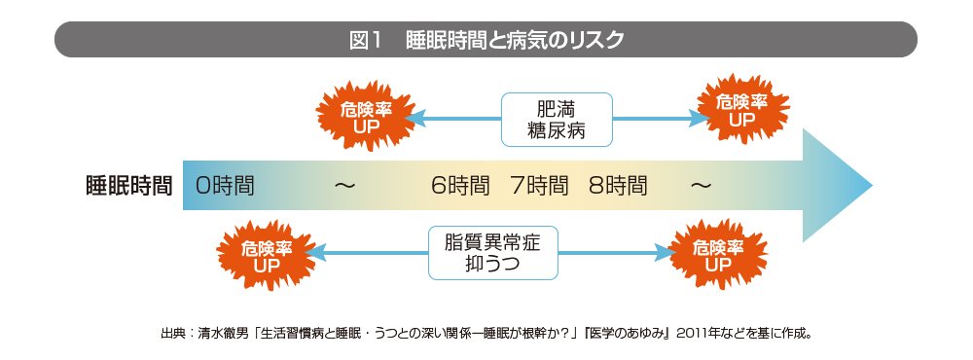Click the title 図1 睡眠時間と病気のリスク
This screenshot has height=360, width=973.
coord(486,40)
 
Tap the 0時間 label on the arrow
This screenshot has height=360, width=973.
coord(226,186)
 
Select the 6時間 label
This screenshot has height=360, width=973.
coord(460,186)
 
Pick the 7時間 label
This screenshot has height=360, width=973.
coord(539,186)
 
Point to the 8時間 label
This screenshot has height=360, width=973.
coord(618,186)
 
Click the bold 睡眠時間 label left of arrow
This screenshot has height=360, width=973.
coord(129,186)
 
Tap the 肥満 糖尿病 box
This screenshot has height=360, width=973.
coord(557,120)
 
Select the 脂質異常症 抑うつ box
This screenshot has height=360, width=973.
coord(493,253)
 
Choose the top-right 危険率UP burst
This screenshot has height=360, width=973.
coord(742,111)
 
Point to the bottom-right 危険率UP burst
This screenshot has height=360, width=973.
coord(718,255)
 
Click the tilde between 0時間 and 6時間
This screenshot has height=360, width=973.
coord(345,186)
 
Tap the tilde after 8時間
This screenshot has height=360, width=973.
coord(701,186)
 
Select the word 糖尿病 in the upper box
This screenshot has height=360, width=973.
coord(557,131)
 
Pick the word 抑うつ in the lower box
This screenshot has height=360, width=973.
coord(493,265)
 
